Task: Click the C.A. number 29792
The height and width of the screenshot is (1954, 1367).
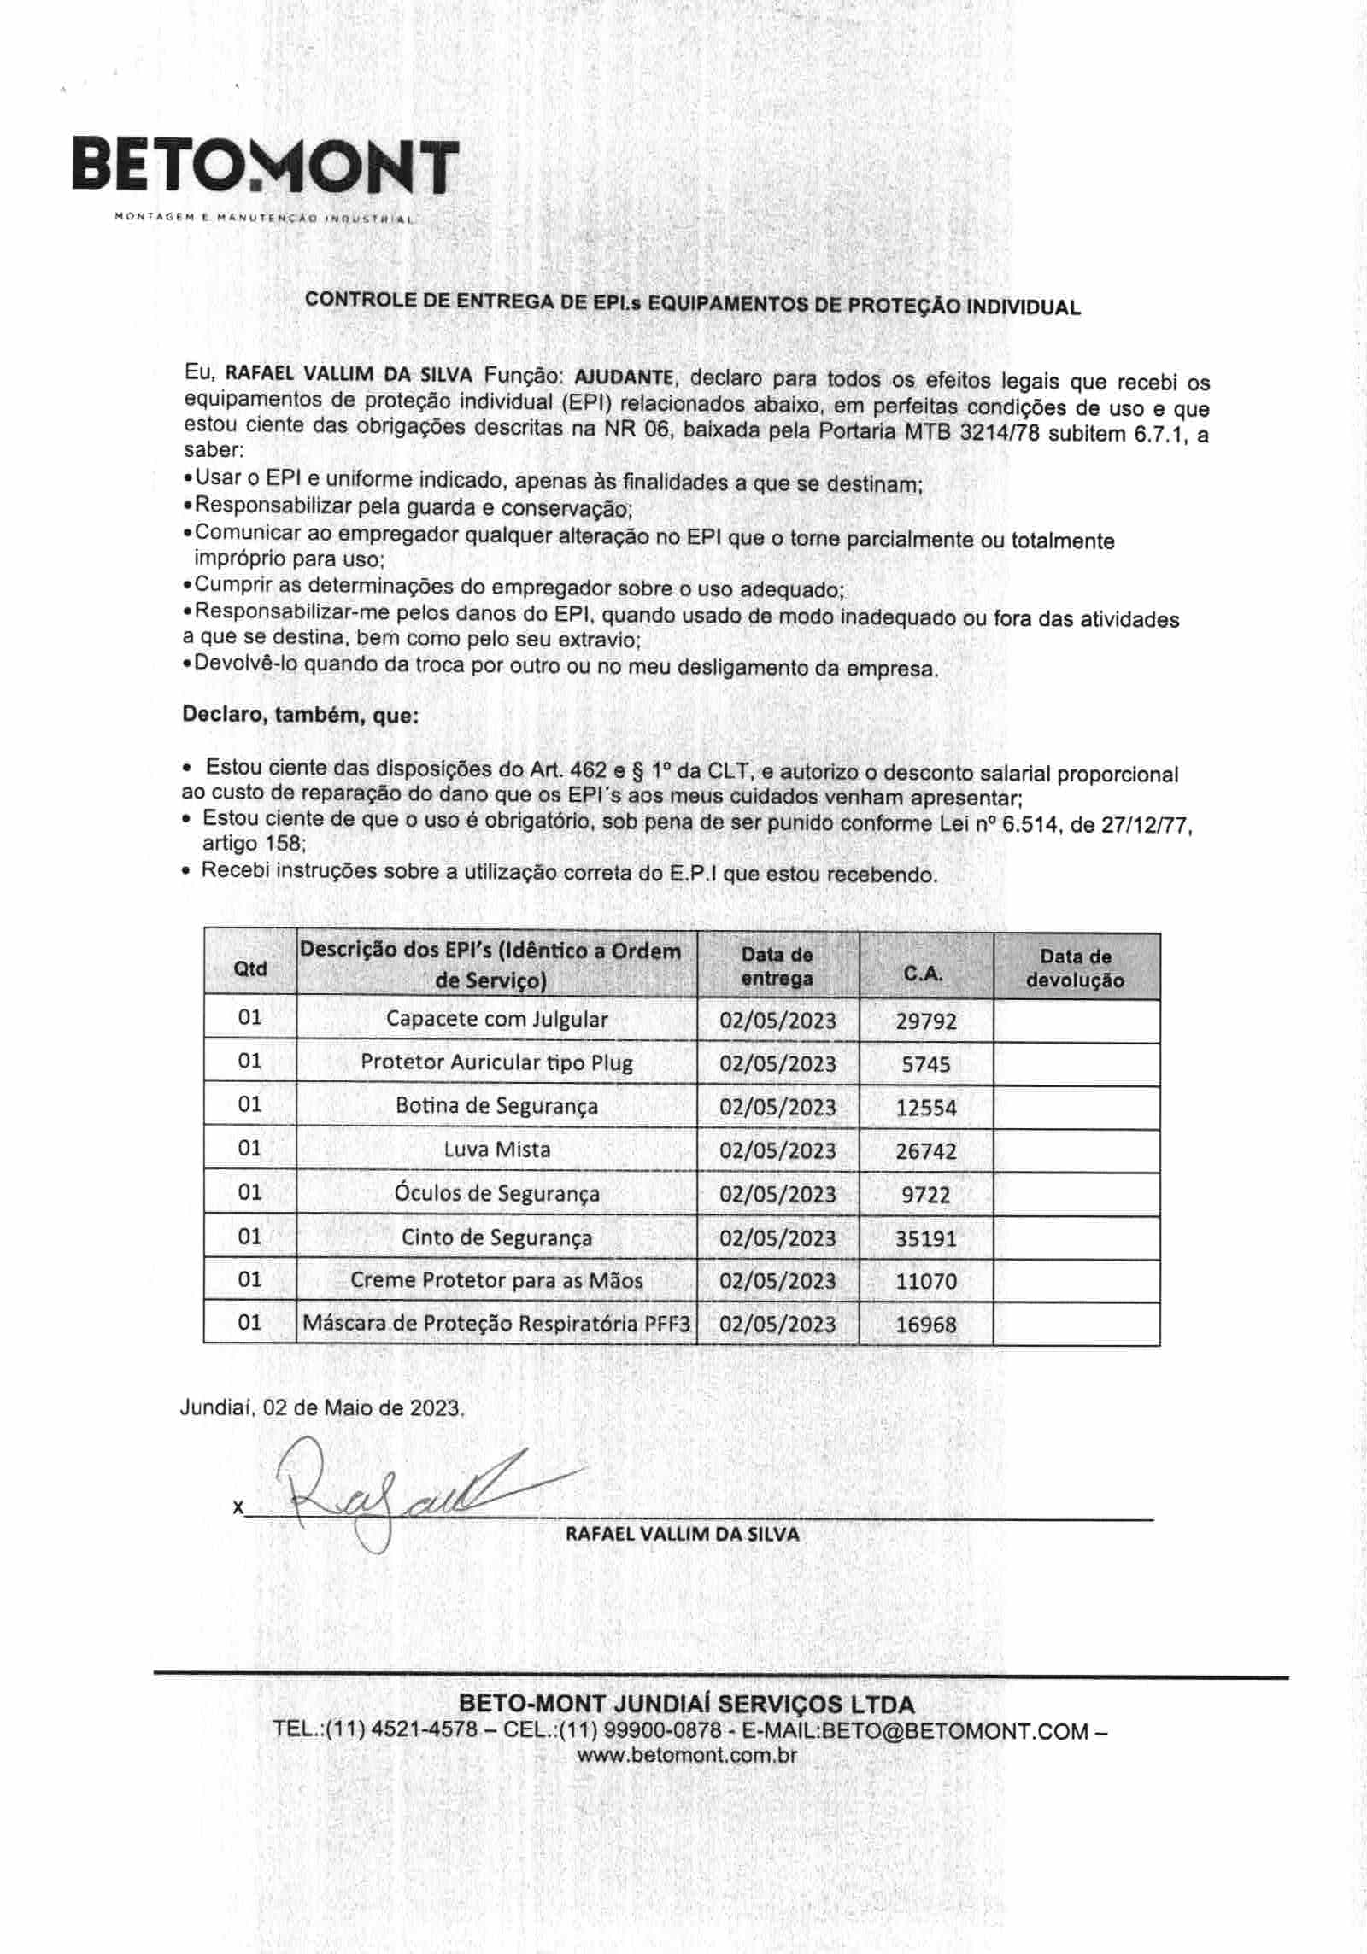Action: (x=925, y=1021)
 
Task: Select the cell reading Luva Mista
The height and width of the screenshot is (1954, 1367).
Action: (x=496, y=1150)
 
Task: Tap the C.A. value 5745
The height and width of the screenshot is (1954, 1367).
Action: (x=925, y=1064)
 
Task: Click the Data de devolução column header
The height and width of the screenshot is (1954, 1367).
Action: (x=1075, y=968)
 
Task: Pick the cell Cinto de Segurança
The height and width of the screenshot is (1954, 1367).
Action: (x=496, y=1237)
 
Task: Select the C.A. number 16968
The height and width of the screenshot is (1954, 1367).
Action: (x=925, y=1325)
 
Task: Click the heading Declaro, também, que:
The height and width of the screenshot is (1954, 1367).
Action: (x=301, y=715)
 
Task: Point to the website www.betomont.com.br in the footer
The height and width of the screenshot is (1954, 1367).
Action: (x=687, y=1756)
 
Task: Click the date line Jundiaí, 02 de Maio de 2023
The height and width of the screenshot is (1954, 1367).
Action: (x=322, y=1408)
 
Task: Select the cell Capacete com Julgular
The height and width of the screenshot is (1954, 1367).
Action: (x=496, y=1020)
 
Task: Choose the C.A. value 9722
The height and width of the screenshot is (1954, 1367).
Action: (x=925, y=1195)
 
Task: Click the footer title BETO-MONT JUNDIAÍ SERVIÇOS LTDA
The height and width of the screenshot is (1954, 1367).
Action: (x=687, y=1705)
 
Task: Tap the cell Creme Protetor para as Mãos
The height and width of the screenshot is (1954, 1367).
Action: (x=496, y=1281)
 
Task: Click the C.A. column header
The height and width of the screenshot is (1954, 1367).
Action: (x=924, y=974)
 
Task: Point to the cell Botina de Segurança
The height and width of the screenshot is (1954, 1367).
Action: (x=496, y=1107)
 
